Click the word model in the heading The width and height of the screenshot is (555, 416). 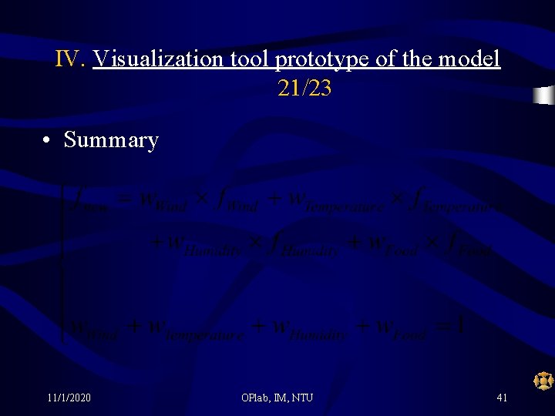click(471, 59)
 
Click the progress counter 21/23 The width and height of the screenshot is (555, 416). click(304, 89)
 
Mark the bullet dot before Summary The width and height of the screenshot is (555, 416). click(48, 140)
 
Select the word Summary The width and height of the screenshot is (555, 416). click(111, 140)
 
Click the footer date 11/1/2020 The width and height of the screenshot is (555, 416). click(69, 398)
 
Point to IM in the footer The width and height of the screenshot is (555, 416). click(282, 398)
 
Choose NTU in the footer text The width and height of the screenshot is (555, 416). click(302, 398)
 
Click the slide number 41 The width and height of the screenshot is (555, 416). click(502, 398)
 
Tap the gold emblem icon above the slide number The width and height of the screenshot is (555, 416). click(543, 380)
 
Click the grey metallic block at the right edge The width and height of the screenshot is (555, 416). click(544, 96)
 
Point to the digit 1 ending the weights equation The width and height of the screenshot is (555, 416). click(460, 327)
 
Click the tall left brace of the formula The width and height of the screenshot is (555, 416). click(62, 262)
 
